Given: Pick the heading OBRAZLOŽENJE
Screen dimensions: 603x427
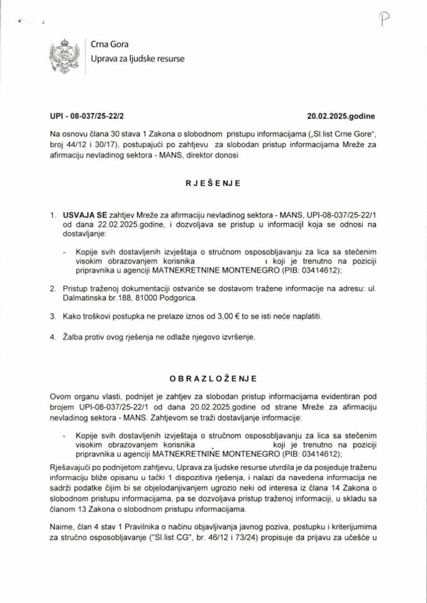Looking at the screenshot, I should [x=213, y=378].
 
